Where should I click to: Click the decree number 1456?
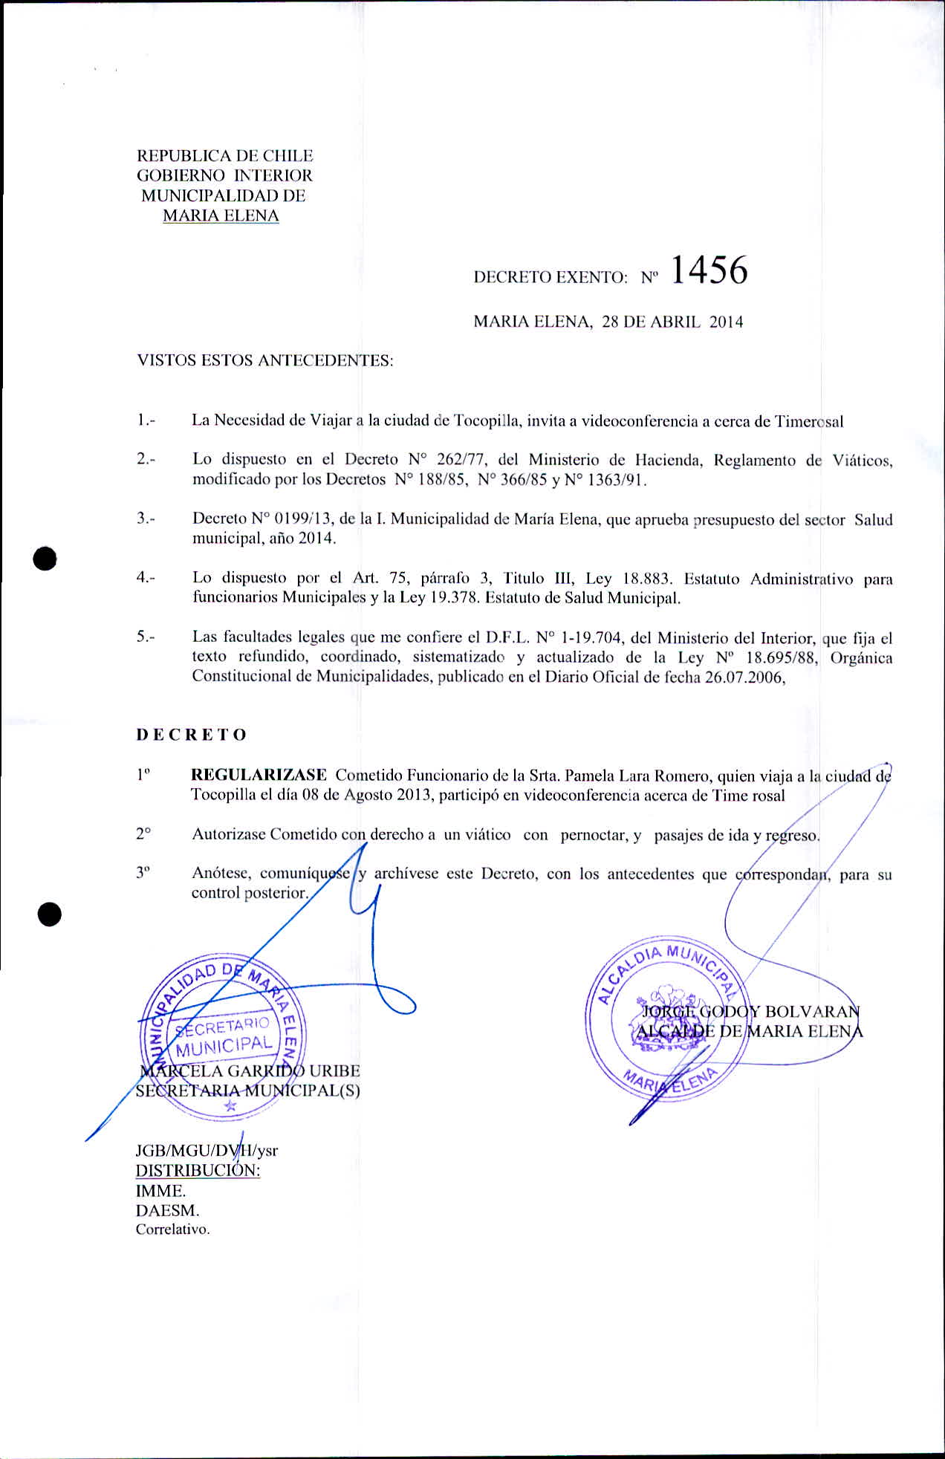pos(708,271)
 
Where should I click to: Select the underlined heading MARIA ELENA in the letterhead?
pos(221,216)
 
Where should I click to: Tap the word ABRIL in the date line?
pos(672,322)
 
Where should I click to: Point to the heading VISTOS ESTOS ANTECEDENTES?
pos(264,361)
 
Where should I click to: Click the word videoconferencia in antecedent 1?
pos(640,421)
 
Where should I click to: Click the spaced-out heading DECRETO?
pos(192,735)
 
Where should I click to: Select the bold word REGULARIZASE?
pos(259,775)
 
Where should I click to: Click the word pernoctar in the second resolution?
pos(595,834)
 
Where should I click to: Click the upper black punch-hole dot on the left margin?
pos(45,557)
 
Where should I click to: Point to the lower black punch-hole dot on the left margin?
pos(51,915)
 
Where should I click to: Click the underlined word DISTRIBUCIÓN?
pos(198,1171)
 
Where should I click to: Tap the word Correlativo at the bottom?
pos(172,1229)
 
